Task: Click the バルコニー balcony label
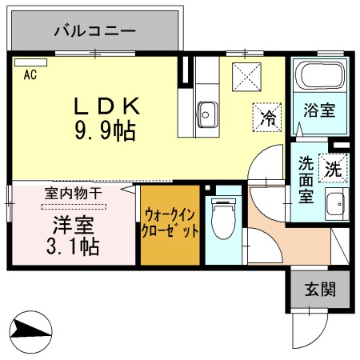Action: tap(94, 32)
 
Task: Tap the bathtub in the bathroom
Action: tap(319, 78)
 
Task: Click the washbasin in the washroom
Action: tap(337, 205)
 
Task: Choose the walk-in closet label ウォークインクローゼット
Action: tap(170, 223)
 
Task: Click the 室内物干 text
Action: tap(73, 192)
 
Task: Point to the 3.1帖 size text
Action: tap(74, 247)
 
